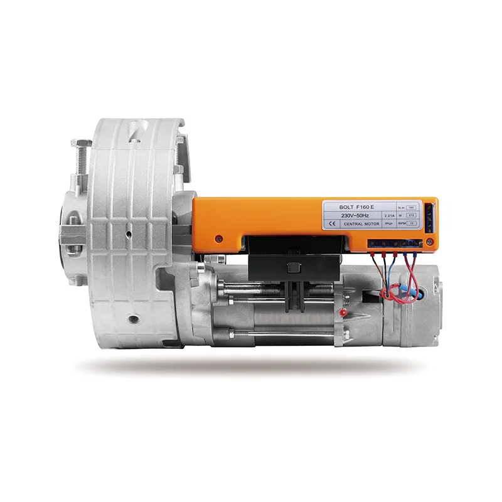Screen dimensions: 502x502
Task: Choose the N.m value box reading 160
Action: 412,206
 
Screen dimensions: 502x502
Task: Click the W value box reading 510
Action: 412,215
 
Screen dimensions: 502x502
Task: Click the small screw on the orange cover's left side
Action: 218,238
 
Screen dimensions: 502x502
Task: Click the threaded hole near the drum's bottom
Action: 132,319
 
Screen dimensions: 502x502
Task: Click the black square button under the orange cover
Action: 290,269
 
